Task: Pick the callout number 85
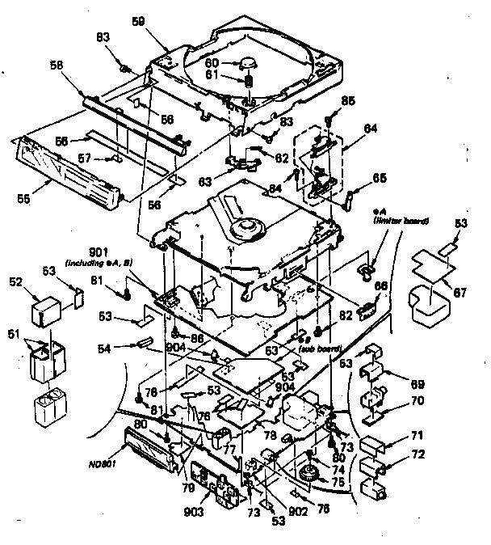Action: click(348, 101)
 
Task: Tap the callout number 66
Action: click(380, 285)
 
